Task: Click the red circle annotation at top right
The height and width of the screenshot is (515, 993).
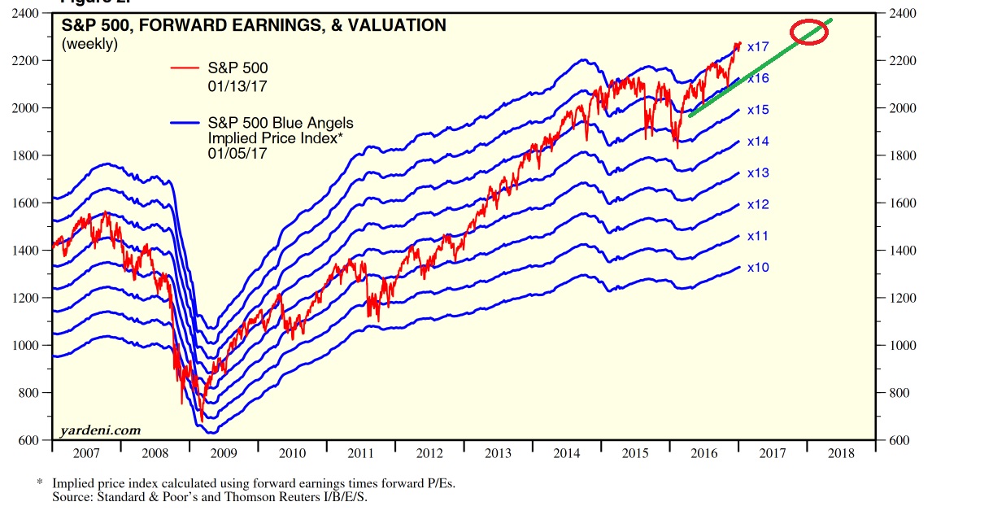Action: (808, 33)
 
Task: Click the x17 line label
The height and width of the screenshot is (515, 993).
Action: (758, 46)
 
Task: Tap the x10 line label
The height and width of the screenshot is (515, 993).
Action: (758, 268)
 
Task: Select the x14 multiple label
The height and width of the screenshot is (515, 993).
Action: (758, 142)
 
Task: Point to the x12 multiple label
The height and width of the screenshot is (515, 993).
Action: (758, 204)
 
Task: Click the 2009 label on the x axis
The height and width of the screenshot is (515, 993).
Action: (224, 454)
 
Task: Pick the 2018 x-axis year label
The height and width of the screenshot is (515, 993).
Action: (841, 454)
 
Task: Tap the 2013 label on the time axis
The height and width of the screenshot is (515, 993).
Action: (498, 454)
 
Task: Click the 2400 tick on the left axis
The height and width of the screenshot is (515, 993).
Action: (32, 14)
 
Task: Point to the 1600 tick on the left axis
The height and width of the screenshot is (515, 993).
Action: (32, 203)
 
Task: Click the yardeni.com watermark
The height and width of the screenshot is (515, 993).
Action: (100, 430)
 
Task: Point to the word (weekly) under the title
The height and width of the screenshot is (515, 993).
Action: (90, 44)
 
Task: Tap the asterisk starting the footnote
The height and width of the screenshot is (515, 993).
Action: (40, 483)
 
